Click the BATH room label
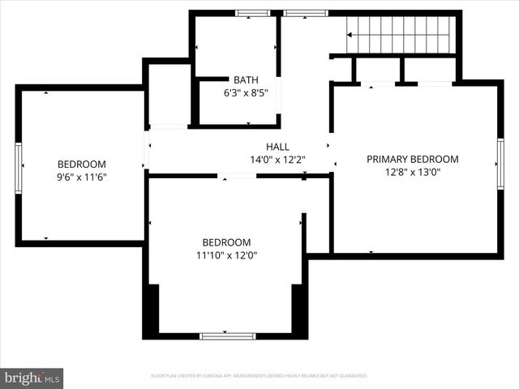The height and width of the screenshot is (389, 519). (x=246, y=79)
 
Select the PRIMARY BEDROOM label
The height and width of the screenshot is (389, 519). (x=412, y=159)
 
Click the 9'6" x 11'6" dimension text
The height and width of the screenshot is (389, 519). (x=81, y=177)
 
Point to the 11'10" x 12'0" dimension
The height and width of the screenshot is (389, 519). (x=226, y=255)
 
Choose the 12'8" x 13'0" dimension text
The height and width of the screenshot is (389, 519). (x=412, y=172)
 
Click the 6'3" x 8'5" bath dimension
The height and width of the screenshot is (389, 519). (x=246, y=92)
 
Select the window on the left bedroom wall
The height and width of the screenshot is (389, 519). (x=18, y=168)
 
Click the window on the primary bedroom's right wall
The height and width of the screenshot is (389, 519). (x=500, y=164)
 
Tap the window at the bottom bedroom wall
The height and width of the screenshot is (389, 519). (x=227, y=336)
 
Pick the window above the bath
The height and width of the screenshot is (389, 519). (x=252, y=13)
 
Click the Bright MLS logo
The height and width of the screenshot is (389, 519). (x=32, y=378)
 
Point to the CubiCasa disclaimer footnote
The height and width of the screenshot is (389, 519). (x=259, y=376)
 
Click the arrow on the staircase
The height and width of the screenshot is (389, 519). (x=352, y=35)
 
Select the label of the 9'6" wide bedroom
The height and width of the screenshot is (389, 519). (x=81, y=164)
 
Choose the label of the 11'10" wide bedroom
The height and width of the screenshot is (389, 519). (x=226, y=242)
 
